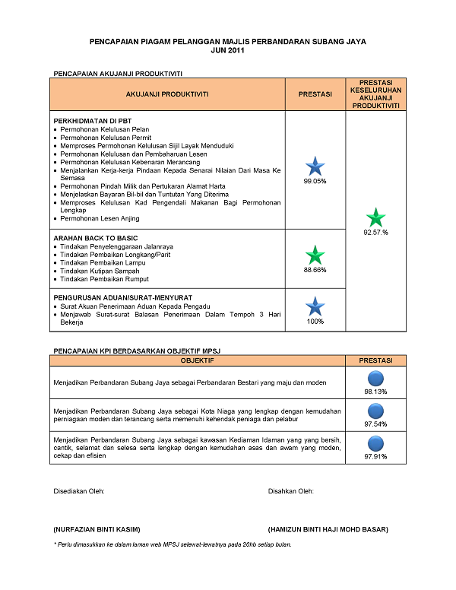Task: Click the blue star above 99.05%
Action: coord(314,167)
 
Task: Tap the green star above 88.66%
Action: coord(314,255)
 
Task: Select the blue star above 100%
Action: coord(314,306)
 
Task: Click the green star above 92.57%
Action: coord(375,217)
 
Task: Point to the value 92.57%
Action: coord(375,232)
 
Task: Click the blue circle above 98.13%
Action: coord(375,378)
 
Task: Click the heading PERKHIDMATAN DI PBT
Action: coord(87,122)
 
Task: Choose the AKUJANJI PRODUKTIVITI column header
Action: coord(167,94)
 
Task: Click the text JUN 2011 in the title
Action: coord(227,50)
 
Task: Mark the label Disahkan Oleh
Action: coord(291,491)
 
